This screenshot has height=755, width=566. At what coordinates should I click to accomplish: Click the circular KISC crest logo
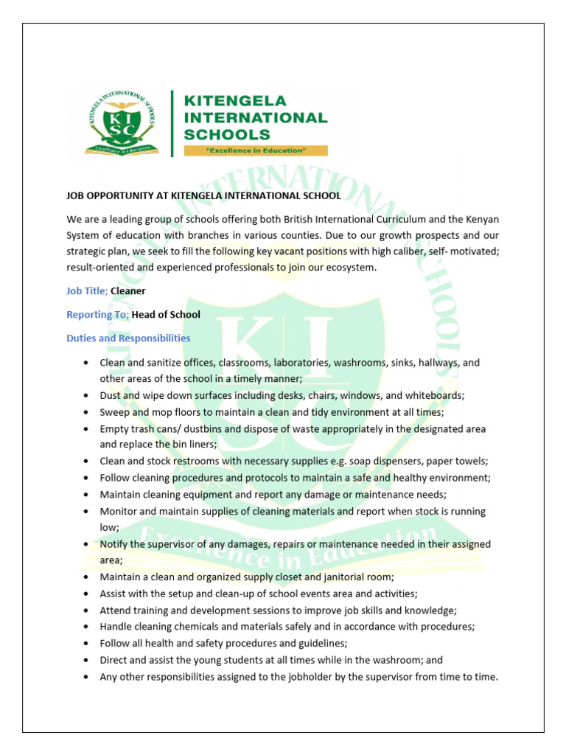click(122, 122)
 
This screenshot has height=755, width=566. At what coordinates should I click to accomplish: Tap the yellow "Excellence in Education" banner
click(255, 150)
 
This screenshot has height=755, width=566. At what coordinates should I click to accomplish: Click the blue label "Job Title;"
click(87, 291)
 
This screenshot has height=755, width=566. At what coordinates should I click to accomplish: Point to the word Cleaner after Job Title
click(128, 291)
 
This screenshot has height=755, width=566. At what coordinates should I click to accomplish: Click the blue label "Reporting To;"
click(97, 315)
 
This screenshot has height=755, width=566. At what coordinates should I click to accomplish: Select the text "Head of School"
click(166, 315)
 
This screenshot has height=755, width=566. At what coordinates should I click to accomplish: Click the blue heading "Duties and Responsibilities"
click(128, 338)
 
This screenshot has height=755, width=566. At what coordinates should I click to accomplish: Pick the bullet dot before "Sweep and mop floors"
click(87, 412)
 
